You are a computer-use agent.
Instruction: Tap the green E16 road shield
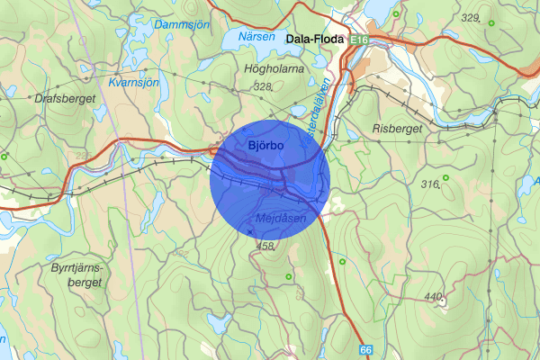pyautogui.click(x=361, y=40)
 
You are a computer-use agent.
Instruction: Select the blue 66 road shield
pyautogui.click(x=365, y=349)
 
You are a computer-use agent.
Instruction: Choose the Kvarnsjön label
pyautogui.click(x=132, y=83)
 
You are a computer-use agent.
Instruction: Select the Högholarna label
pyautogui.click(x=273, y=67)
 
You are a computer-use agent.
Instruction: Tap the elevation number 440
pyautogui.click(x=434, y=296)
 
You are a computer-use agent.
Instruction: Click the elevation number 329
pyautogui.click(x=469, y=18)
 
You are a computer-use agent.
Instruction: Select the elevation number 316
pyautogui.click(x=428, y=184)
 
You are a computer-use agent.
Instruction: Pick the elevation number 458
pyautogui.click(x=265, y=246)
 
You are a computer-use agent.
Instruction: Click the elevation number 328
pyautogui.click(x=262, y=86)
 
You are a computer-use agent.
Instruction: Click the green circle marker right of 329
pyautogui.click(x=490, y=20)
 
